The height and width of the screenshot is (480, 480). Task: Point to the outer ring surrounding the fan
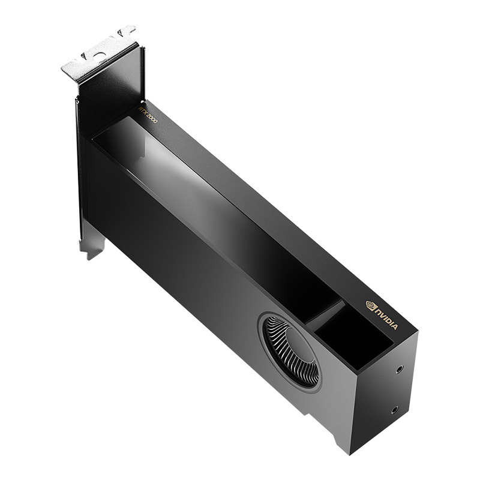click(264, 336)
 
